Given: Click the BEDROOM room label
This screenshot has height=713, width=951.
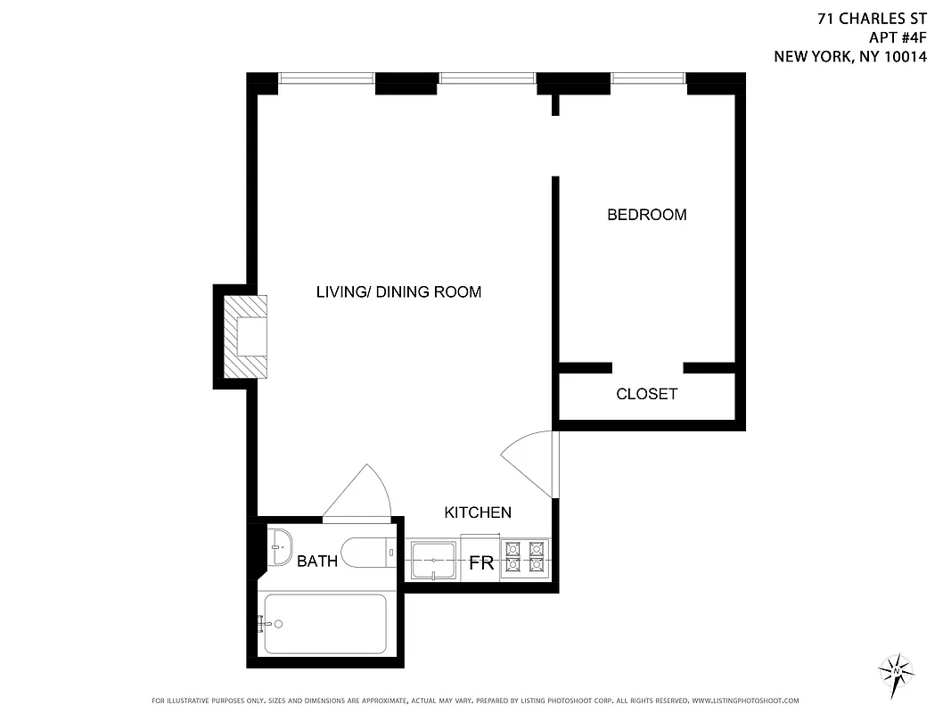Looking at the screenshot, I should tap(646, 215).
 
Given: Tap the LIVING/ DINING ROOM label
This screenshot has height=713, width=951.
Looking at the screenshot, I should tap(398, 292).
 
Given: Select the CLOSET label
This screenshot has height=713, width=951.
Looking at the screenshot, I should tap(646, 394).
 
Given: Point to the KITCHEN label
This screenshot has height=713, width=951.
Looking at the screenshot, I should tap(478, 512).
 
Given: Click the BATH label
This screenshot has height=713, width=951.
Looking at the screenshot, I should tap(317, 561).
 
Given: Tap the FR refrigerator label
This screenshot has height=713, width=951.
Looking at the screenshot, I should tap(481, 564).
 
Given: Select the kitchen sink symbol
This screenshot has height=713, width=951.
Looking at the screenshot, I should tap(434, 561).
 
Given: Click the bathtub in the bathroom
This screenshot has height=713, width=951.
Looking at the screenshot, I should tap(325, 624).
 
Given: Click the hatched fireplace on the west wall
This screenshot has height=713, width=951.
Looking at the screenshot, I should tap(243, 337).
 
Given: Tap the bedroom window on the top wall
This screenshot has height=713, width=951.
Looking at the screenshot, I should tap(648, 79).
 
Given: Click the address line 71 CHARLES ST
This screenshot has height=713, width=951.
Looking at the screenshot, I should tap(873, 17).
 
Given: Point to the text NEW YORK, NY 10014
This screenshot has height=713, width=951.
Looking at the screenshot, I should tap(850, 57).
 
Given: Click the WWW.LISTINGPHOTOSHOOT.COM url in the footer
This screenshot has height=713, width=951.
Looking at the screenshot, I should tap(745, 701).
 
